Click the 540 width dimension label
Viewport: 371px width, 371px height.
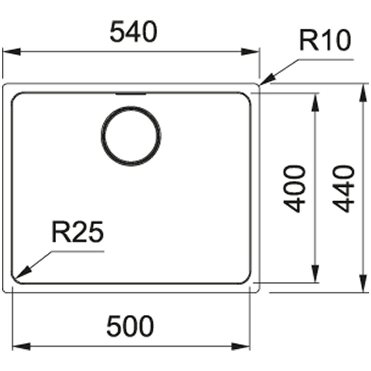[133, 32]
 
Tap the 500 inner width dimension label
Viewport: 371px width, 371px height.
[130, 326]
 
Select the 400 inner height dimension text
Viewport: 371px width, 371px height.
[294, 189]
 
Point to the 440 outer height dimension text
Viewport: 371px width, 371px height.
[344, 189]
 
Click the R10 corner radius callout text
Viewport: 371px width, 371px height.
[325, 40]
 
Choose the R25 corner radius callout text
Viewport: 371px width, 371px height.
[77, 232]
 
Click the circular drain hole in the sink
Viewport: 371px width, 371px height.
[131, 136]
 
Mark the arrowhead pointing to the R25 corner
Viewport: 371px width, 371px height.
[22, 272]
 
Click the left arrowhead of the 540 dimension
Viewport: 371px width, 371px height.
[12, 52]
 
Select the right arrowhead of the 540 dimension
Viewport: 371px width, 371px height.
[250, 52]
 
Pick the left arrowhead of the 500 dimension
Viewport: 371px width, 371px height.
[21, 347]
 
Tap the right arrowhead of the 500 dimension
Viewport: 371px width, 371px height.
[241, 347]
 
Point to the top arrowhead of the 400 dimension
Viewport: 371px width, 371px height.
[315, 102]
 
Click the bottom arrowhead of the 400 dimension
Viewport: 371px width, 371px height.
[315, 273]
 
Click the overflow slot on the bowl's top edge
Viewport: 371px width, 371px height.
[130, 94]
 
